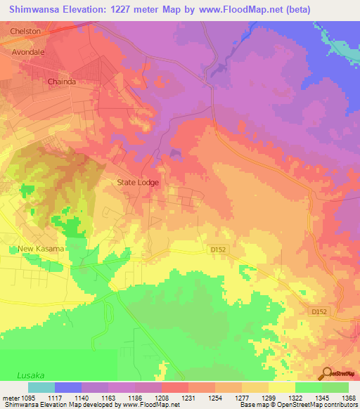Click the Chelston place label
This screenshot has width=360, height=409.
[25, 32]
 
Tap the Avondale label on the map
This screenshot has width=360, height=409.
[28, 52]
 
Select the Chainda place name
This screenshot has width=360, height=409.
[61, 82]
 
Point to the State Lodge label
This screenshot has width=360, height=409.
[138, 183]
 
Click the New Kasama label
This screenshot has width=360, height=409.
[41, 249]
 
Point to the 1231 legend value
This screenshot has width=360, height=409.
[186, 397]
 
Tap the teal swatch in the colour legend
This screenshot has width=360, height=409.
[41, 387]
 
